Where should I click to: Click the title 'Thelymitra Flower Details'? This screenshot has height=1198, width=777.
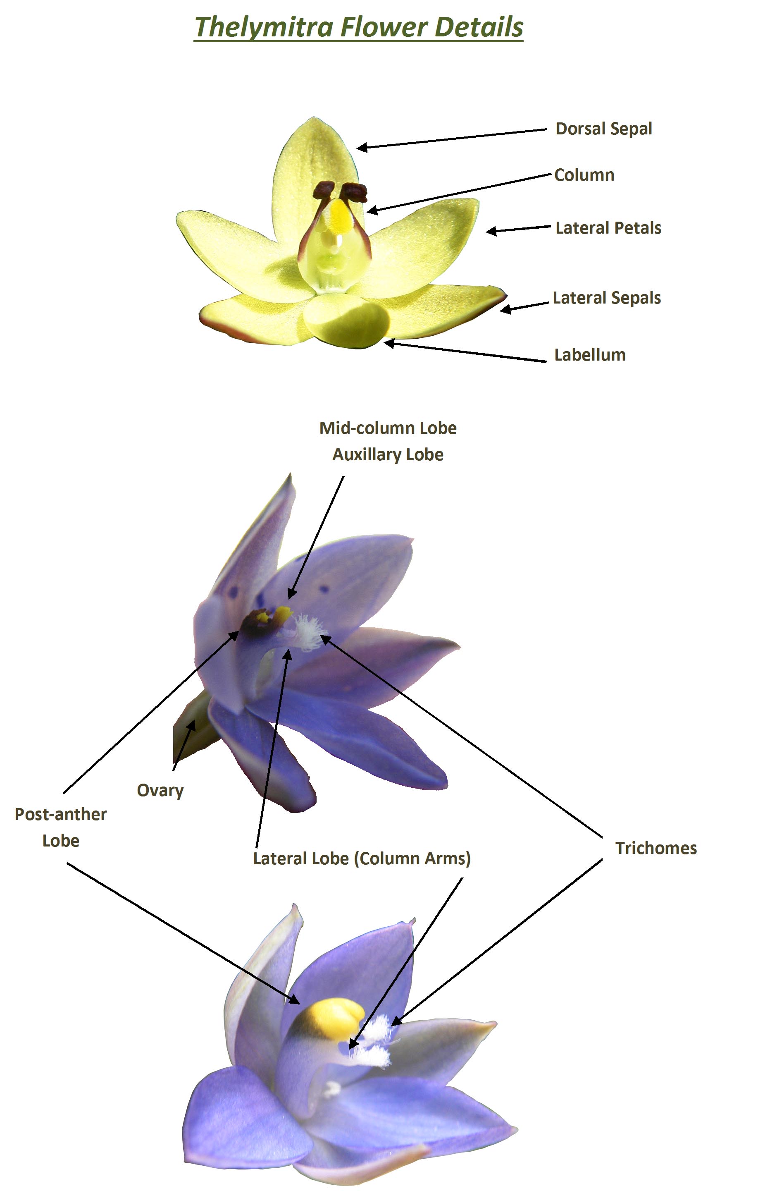[x=358, y=27]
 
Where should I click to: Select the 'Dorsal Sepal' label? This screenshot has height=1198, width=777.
[x=603, y=129]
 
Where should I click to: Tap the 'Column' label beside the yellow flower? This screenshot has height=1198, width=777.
[x=584, y=175]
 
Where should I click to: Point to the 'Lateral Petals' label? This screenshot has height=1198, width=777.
[x=608, y=228]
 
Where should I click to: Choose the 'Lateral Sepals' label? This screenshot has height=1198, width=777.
[x=606, y=298]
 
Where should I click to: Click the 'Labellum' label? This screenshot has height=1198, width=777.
[x=589, y=355]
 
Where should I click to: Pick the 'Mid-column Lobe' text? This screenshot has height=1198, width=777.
[x=388, y=428]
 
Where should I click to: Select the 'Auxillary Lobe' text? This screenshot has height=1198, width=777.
[x=388, y=454]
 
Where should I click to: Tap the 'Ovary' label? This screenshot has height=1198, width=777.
[x=160, y=790]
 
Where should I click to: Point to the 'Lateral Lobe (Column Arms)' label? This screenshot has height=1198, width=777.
[x=361, y=858]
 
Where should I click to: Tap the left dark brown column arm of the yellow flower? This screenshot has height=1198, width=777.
[x=323, y=190]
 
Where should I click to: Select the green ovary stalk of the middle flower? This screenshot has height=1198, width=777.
[x=194, y=730]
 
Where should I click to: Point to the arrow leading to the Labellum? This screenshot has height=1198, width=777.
[x=465, y=352]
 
